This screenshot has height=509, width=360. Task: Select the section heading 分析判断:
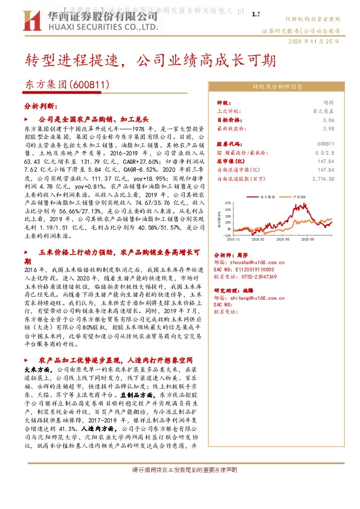coord(40,105)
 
